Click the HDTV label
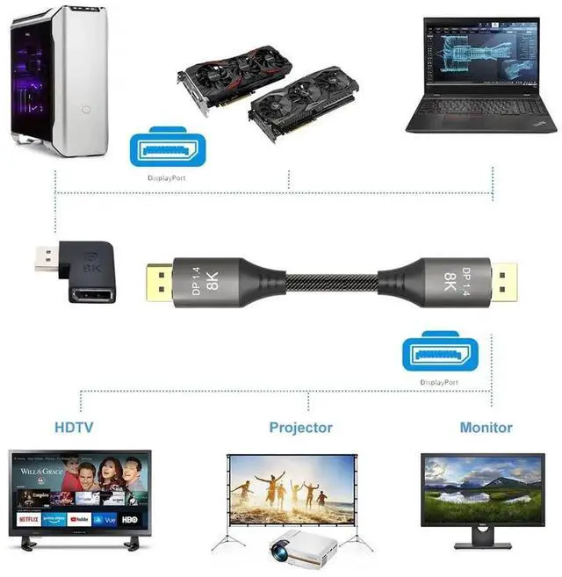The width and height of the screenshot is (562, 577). pos(74,428)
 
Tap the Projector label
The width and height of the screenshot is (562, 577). pos(301,428)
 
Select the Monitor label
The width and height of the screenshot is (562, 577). pos(486,428)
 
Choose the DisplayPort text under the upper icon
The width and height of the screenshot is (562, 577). pos(166,178)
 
